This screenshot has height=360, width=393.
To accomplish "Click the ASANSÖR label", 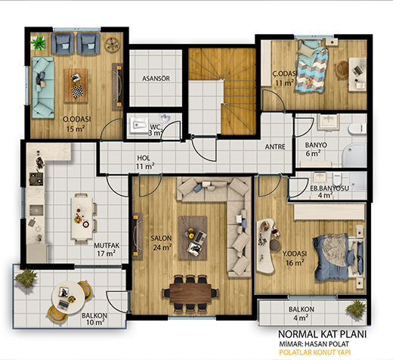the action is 156,79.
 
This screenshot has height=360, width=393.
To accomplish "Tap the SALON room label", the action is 161,238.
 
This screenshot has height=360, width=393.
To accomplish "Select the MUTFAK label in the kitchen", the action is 107,245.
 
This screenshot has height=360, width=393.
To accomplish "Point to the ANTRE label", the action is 275,147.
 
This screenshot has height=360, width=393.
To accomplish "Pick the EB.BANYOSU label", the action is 330,188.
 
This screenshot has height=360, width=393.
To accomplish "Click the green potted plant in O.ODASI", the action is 39,43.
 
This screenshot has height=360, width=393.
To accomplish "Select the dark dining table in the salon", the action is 190,293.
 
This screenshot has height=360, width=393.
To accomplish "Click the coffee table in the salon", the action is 193,237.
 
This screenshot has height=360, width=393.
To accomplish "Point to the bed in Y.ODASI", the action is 339,257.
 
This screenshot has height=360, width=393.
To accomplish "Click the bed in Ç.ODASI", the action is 311,66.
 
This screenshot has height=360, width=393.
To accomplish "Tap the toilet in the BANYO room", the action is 357,128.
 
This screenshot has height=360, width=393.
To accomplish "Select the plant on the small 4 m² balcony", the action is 355,309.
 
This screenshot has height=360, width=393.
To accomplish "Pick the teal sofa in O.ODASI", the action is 43,87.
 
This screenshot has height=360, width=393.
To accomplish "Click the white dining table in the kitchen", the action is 82,218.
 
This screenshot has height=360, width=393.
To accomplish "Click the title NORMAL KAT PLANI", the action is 322,334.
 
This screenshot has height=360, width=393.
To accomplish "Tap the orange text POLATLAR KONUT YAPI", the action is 315,352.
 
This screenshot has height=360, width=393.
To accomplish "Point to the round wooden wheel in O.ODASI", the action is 112,45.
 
